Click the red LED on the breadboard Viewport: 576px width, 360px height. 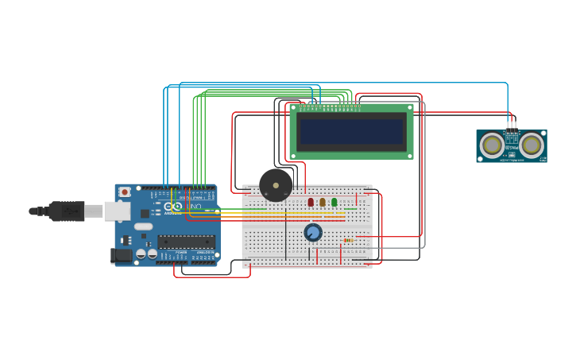(311, 202)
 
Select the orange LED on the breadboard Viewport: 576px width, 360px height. (323, 202)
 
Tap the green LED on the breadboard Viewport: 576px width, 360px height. (334, 202)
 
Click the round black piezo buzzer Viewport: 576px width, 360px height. (276, 185)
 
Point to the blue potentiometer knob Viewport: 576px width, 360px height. (313, 232)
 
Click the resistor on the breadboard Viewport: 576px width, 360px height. (349, 240)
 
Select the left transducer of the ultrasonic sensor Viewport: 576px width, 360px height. (493, 145)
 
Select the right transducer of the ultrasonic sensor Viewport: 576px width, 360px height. (531, 145)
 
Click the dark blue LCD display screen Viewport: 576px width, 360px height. (351, 131)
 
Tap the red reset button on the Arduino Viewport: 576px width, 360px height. (125, 192)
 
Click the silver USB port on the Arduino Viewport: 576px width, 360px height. (117, 211)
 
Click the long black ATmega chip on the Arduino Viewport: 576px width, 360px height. (186, 242)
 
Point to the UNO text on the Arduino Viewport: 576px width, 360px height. (194, 207)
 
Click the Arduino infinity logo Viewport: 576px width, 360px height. (176, 207)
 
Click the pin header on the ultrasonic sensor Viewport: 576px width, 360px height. (512, 126)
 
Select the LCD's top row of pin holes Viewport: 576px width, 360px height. (330, 106)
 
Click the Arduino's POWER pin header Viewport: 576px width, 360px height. (182, 257)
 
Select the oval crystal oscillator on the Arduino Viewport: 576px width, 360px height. (143, 226)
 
